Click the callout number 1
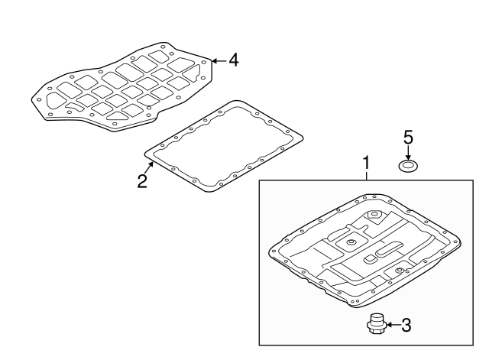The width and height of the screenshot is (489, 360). (x=367, y=163)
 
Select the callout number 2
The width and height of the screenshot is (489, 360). (x=142, y=181)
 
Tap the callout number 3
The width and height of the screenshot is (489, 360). (x=406, y=325)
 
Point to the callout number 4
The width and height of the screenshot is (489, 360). (x=234, y=60)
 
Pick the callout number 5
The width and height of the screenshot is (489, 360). (x=408, y=138)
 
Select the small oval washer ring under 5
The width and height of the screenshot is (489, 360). (x=408, y=167)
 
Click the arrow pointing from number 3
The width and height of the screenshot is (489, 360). (x=393, y=325)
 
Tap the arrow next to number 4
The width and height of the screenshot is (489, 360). (x=219, y=60)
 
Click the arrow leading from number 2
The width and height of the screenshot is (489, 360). (x=151, y=168)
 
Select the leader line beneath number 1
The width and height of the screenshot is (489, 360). (x=367, y=175)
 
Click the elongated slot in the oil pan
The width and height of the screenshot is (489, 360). (x=389, y=248)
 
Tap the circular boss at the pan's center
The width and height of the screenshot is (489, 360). (x=352, y=242)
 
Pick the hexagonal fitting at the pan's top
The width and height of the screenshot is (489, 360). (x=374, y=216)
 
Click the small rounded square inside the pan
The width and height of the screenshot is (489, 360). (x=370, y=258)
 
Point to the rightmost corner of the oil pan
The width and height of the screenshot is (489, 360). (x=461, y=243)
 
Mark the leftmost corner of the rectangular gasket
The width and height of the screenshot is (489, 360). (x=144, y=154)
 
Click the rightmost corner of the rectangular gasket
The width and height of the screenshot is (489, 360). (x=303, y=138)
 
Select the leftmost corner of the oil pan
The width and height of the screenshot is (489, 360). (x=269, y=251)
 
